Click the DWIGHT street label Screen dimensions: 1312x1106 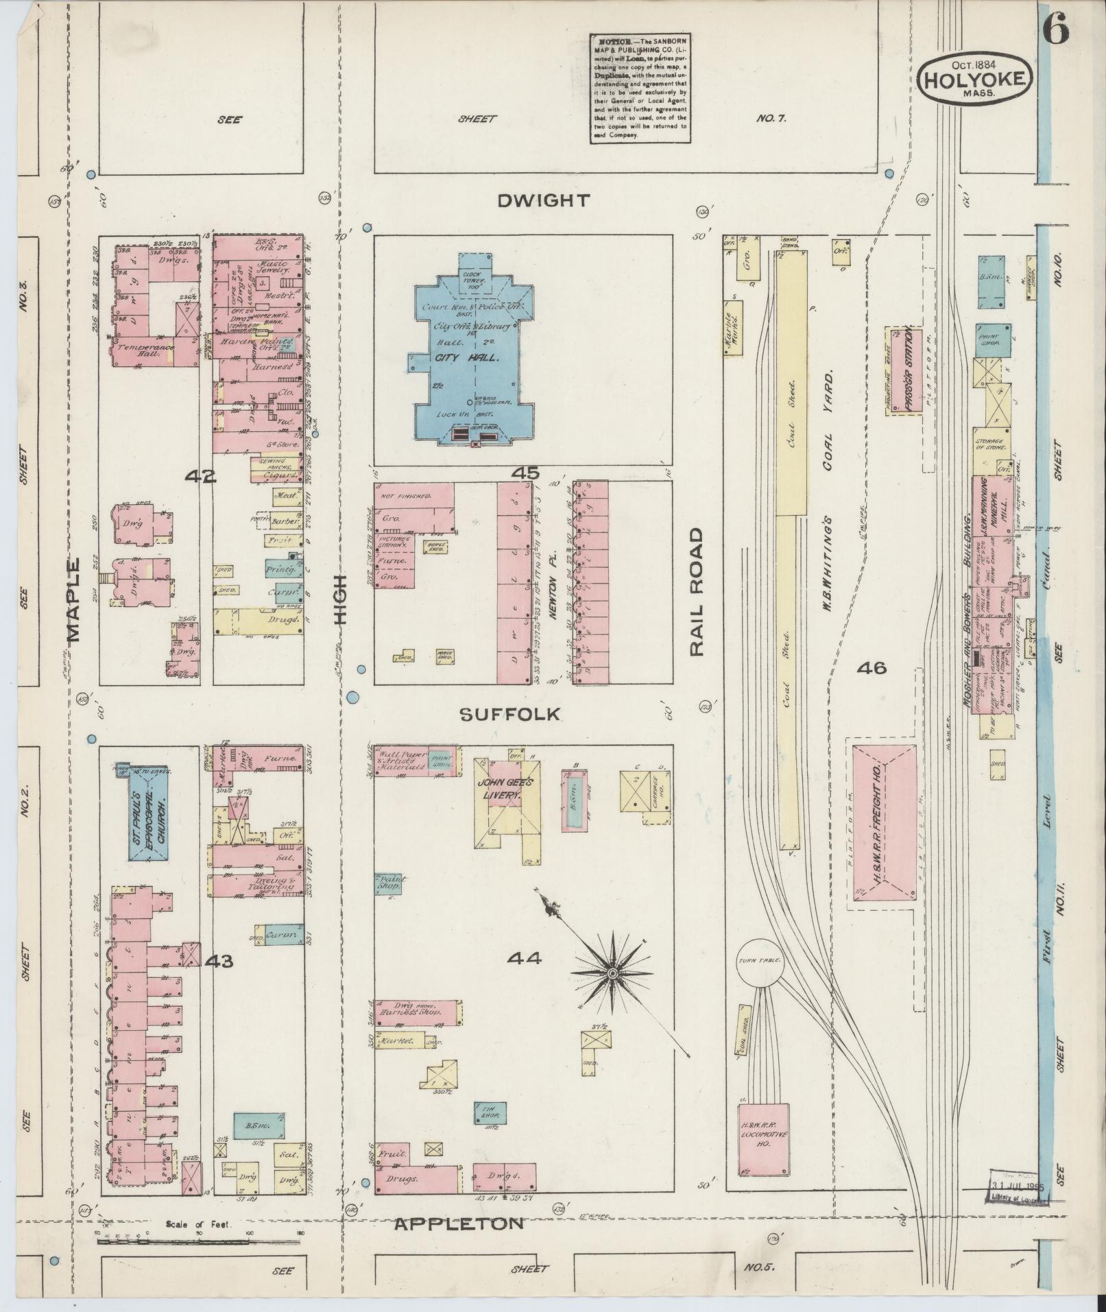(543, 200)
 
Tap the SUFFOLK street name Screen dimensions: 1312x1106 (509, 715)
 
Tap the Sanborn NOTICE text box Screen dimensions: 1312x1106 (639, 87)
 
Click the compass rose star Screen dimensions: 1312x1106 (610, 973)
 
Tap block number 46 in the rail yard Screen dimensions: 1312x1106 (871, 667)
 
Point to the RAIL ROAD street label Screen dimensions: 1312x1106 (697, 592)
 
